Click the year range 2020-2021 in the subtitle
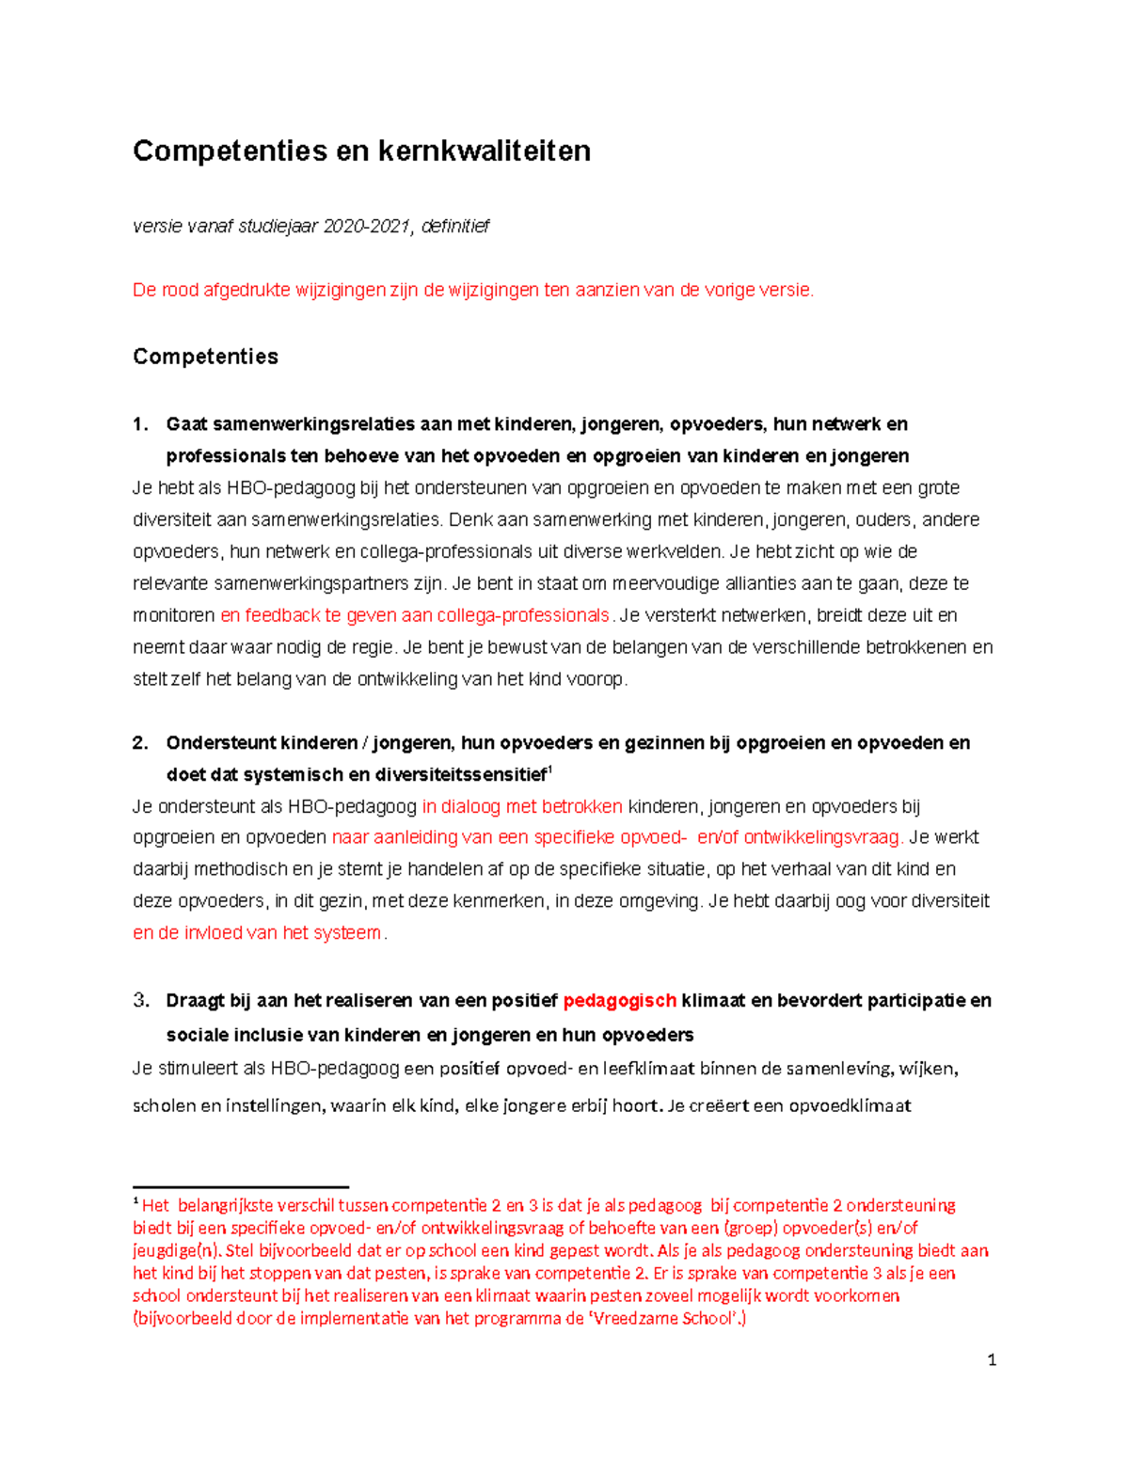pos(366,226)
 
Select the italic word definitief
pos(455,226)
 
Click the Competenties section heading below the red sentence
pos(205,357)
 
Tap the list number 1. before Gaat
pos(140,424)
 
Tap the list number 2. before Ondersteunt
pos(140,743)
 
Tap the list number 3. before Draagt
pos(140,1000)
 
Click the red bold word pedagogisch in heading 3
pos(619,1000)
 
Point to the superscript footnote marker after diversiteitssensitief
pos(550,770)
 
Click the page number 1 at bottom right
pos(992,1359)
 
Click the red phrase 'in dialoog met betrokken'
pos(522,806)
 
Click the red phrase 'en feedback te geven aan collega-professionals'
pos(415,615)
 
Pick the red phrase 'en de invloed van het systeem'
pos(257,933)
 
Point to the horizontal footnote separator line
pos(241,1187)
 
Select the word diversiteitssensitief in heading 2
pos(460,775)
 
